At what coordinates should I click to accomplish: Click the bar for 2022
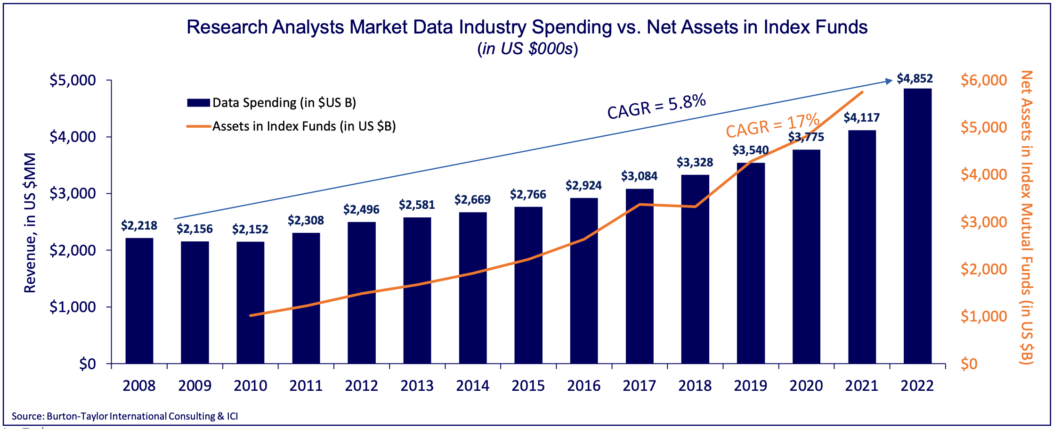pyautogui.click(x=917, y=226)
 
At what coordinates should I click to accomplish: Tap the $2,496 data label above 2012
pyautogui.click(x=361, y=209)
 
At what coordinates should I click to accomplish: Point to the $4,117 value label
pyautogui.click(x=861, y=117)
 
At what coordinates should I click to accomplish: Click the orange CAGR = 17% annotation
pyautogui.click(x=772, y=125)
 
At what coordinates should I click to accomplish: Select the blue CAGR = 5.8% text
pyautogui.click(x=656, y=107)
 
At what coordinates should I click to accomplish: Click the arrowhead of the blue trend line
pyautogui.click(x=889, y=81)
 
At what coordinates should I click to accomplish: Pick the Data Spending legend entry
pyautogui.click(x=271, y=103)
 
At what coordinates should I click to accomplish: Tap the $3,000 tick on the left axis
pyautogui.click(x=73, y=193)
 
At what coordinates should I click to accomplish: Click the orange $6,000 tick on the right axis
pyautogui.click(x=984, y=80)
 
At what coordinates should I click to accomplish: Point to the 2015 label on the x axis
pyautogui.click(x=528, y=386)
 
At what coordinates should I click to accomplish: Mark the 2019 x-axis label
pyautogui.click(x=750, y=386)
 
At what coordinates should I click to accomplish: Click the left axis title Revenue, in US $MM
pyautogui.click(x=30, y=223)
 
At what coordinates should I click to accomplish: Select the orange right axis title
pyautogui.click(x=1026, y=217)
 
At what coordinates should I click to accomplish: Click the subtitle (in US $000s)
pyautogui.click(x=527, y=49)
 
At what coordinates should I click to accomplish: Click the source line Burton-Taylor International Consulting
pyautogui.click(x=125, y=416)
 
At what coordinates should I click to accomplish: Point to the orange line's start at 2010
pyautogui.click(x=251, y=315)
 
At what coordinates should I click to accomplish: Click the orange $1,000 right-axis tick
pyautogui.click(x=984, y=316)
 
